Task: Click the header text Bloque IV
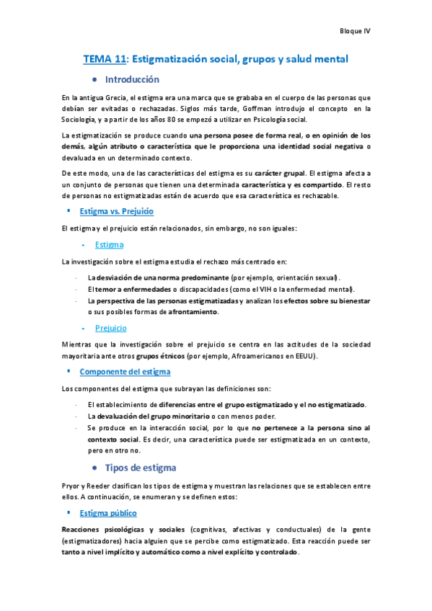[x=354, y=31]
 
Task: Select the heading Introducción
[x=132, y=79]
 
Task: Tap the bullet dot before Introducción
[x=94, y=79]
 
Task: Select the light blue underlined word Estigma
[x=109, y=245]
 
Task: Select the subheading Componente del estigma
[x=125, y=372]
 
